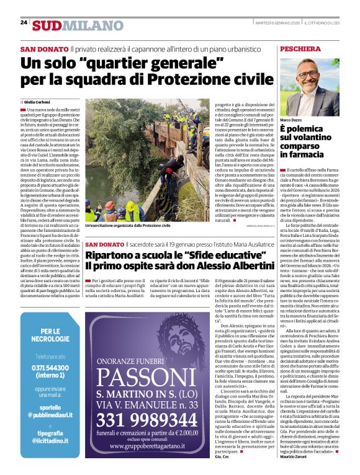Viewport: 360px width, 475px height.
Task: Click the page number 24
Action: tap(24, 23)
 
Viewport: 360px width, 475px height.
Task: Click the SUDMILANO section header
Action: tap(70, 25)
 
